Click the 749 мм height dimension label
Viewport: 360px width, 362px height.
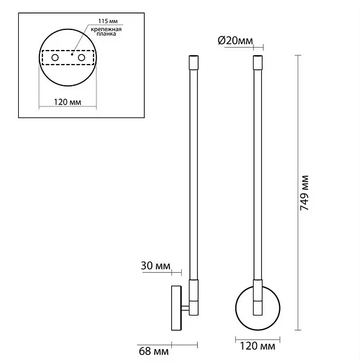point(304,193)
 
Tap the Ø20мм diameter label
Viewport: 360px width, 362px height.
point(235,41)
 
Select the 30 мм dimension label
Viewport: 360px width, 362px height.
point(155,266)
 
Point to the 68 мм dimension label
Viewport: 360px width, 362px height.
point(154,351)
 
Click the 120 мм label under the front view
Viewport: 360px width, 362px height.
point(258,346)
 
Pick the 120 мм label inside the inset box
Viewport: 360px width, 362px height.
point(68,102)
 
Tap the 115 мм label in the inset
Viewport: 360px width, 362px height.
point(108,21)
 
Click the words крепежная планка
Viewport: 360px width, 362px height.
point(106,32)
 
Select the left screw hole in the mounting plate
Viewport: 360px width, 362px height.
point(55,58)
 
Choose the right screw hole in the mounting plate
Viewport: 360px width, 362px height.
point(81,58)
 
